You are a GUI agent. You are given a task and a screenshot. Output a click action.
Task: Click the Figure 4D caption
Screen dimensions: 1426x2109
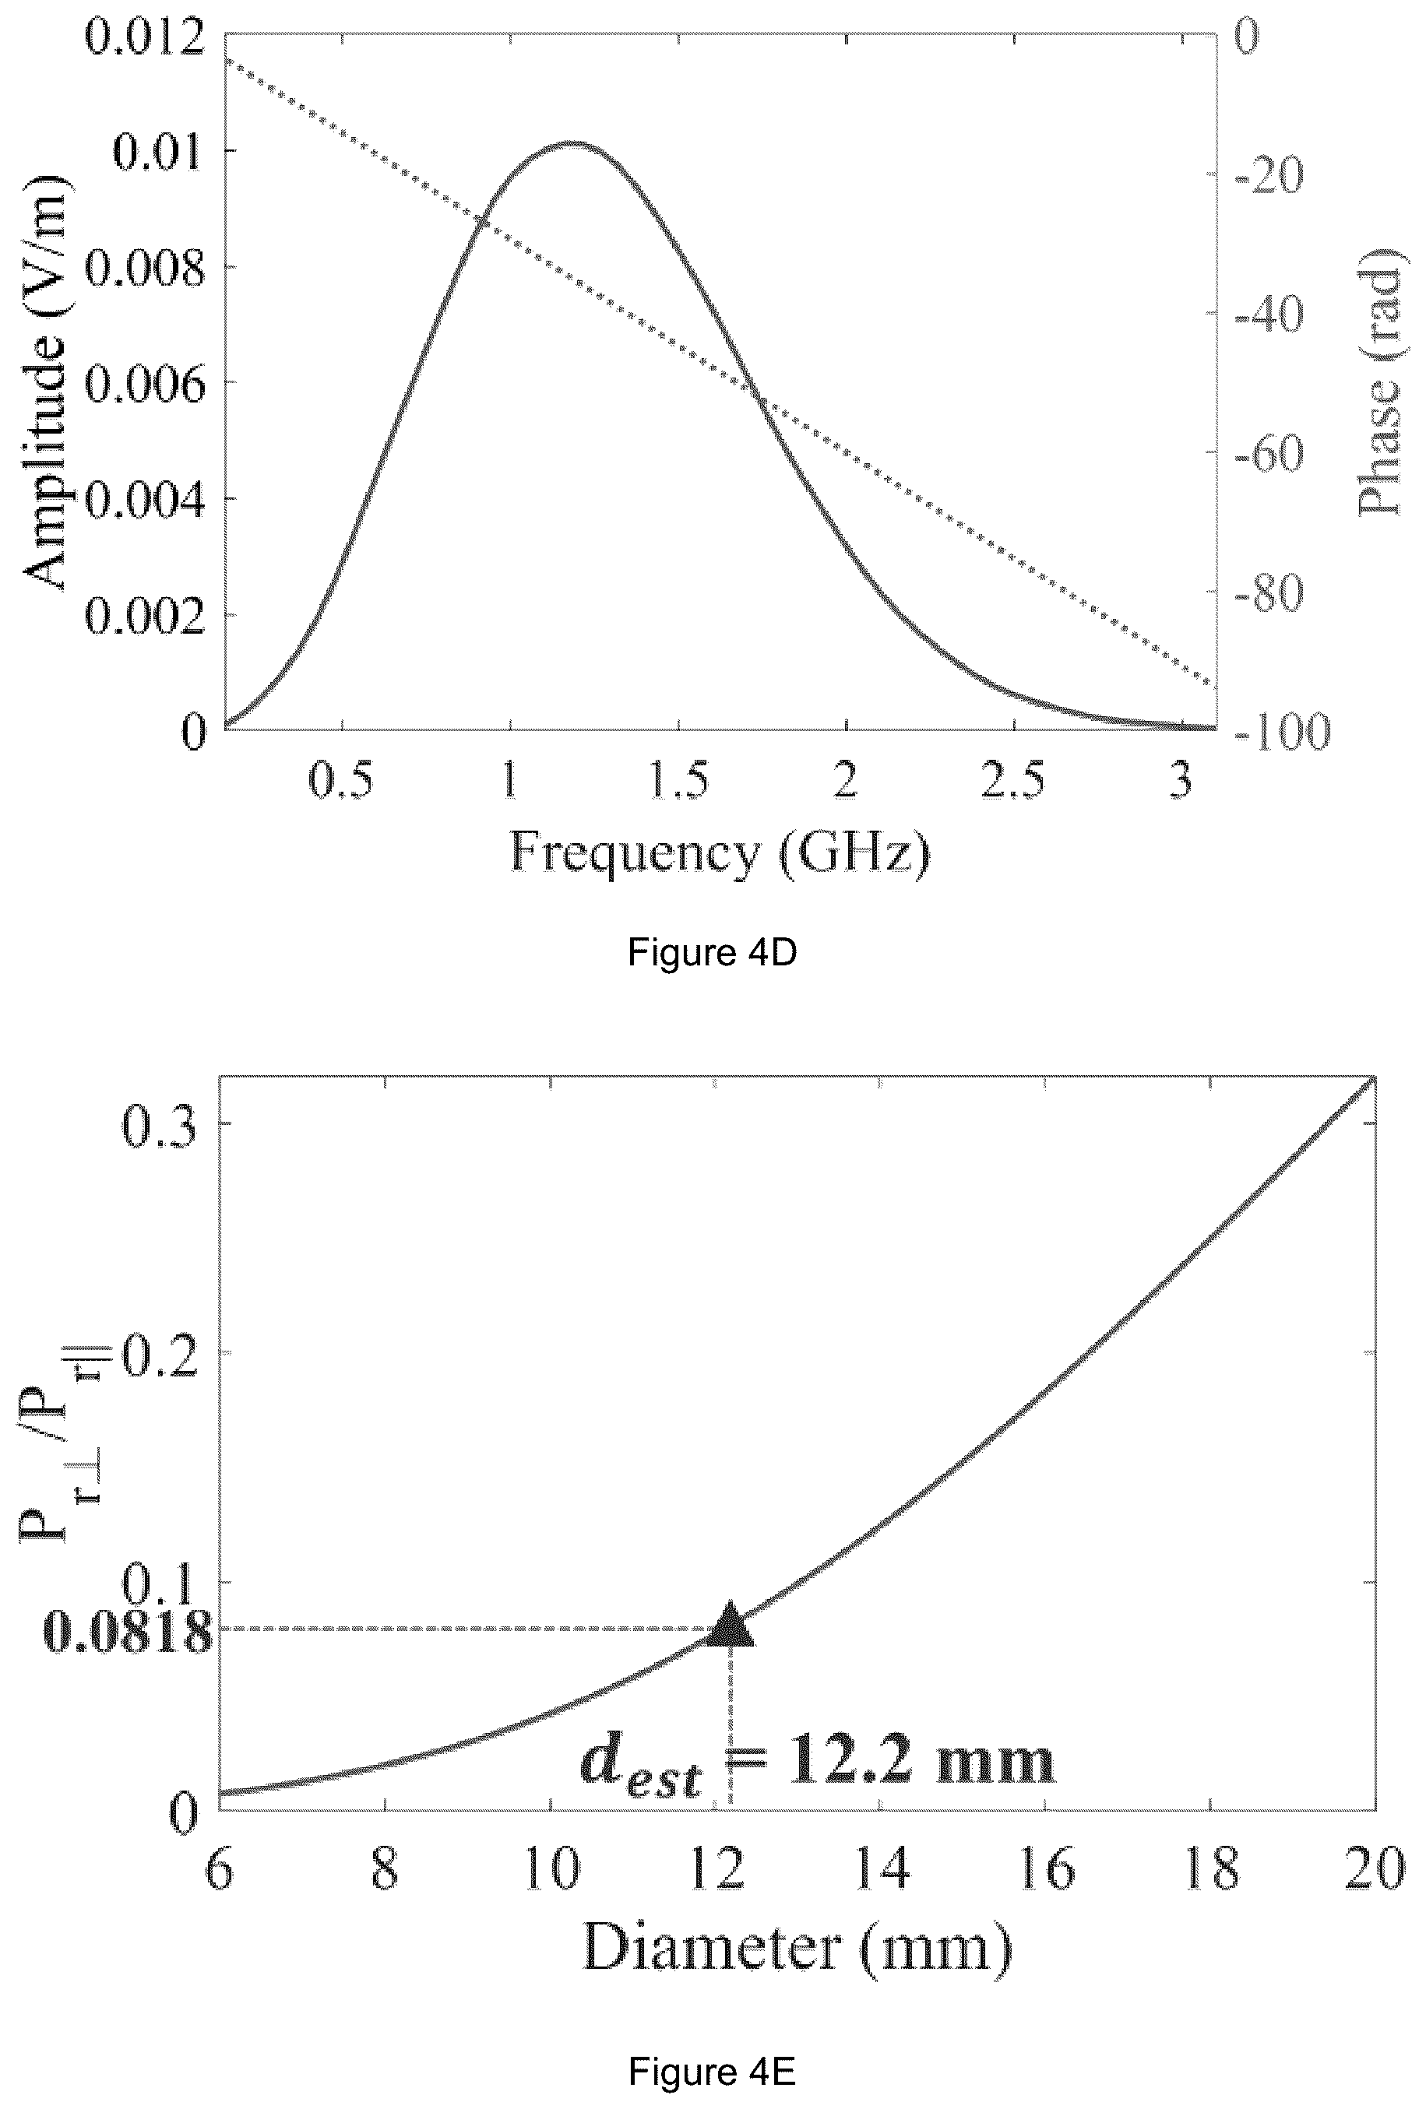(712, 953)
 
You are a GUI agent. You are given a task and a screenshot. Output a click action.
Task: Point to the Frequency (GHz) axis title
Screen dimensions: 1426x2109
(720, 854)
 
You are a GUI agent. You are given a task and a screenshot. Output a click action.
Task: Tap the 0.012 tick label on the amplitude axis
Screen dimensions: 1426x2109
(145, 37)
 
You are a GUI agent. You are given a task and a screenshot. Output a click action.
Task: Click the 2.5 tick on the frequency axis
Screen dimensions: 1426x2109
(1012, 779)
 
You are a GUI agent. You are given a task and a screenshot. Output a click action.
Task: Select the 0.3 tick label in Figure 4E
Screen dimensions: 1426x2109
(160, 1128)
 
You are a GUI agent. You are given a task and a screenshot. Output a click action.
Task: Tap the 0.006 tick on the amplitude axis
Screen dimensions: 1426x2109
(145, 384)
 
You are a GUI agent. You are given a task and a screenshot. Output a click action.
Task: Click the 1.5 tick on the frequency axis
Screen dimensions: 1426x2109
(678, 779)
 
